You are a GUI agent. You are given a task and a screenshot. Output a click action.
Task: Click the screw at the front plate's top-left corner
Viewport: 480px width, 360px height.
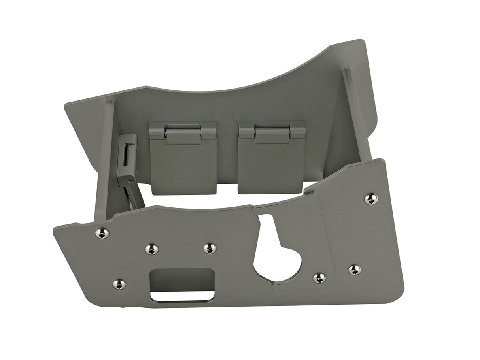pos(102,234)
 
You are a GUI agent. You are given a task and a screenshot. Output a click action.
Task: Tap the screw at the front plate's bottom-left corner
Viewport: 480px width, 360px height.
pos(119,284)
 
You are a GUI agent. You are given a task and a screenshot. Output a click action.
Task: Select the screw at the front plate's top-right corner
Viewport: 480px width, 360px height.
pos(371,199)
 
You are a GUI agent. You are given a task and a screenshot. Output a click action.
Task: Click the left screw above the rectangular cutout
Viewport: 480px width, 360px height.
pos(151,249)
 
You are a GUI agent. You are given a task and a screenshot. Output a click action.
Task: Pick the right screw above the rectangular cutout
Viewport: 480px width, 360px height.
pos(210,249)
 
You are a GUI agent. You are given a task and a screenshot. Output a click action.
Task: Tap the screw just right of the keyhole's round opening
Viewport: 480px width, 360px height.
pos(319,278)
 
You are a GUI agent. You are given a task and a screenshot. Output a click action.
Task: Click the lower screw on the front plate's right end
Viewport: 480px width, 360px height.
pos(354,270)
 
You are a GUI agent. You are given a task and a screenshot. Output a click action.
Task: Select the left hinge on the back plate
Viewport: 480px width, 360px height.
pos(183,133)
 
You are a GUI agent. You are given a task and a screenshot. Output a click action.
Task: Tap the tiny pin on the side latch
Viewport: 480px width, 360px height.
pos(130,180)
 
